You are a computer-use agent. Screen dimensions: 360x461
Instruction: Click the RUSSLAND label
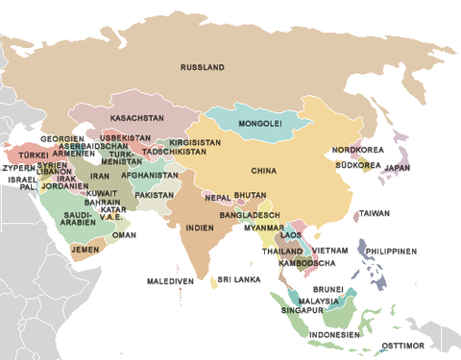pos(202,67)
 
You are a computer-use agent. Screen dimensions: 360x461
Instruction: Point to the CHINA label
pos(264,171)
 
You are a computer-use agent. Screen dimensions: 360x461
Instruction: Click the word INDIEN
pos(199,228)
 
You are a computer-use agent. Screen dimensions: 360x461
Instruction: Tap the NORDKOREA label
pos(357,151)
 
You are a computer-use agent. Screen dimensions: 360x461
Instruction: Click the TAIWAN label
pos(375,213)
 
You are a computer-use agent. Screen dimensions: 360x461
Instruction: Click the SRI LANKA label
pos(239,279)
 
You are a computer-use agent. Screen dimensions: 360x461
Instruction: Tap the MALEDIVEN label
pos(170,281)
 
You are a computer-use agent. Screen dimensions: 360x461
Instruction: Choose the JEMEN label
pos(85,249)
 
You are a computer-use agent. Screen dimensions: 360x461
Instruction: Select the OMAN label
pos(124,234)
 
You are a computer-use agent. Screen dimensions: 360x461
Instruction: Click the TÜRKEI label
pos(34,155)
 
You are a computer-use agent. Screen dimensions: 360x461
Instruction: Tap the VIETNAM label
pos(329,250)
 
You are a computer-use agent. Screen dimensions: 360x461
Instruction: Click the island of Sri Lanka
pos(213,282)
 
